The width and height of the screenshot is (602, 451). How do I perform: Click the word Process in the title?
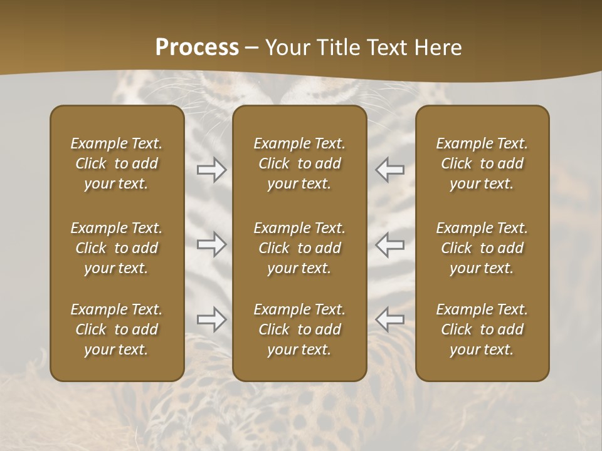pyautogui.click(x=197, y=48)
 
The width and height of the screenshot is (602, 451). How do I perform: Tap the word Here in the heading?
pyautogui.click(x=438, y=48)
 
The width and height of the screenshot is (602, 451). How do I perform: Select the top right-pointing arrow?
pyautogui.click(x=212, y=169)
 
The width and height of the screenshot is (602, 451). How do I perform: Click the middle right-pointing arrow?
pyautogui.click(x=212, y=244)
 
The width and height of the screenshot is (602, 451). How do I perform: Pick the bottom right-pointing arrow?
pyautogui.click(x=212, y=319)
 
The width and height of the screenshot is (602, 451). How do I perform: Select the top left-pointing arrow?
pyautogui.click(x=389, y=169)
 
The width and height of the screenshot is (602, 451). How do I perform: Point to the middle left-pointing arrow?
pyautogui.click(x=389, y=244)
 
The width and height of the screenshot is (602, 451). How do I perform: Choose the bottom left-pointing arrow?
pyautogui.click(x=389, y=319)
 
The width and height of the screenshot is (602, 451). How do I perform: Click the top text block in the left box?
pyautogui.click(x=117, y=163)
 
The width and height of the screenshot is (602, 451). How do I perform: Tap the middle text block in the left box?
pyautogui.click(x=117, y=248)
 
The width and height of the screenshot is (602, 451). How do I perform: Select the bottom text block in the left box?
pyautogui.click(x=117, y=329)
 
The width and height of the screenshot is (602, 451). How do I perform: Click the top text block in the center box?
pyautogui.click(x=299, y=163)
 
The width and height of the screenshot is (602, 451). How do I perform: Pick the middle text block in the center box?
pyautogui.click(x=299, y=248)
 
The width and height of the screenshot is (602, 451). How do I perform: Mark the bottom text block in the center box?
pyautogui.click(x=299, y=329)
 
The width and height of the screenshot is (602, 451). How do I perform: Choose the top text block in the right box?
pyautogui.click(x=482, y=163)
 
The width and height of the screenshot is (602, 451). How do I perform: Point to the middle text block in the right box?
pyautogui.click(x=482, y=248)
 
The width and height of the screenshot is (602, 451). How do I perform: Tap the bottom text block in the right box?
pyautogui.click(x=482, y=329)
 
